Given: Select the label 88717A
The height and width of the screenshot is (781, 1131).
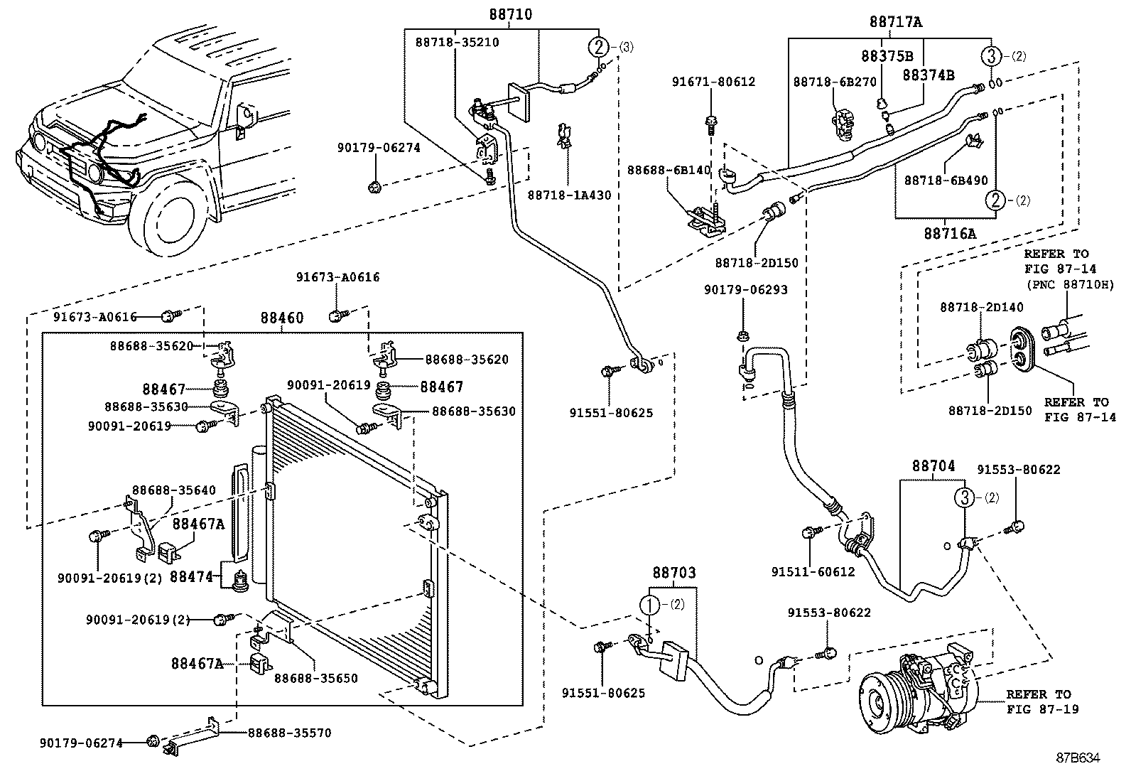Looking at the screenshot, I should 896,22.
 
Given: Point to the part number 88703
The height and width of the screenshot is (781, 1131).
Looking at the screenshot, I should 673,573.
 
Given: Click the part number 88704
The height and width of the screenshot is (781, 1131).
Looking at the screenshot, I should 934,466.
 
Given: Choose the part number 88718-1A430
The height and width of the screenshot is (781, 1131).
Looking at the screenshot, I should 569,195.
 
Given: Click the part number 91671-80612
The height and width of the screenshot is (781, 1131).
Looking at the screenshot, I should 713,82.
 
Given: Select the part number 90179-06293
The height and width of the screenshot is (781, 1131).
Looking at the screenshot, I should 746,290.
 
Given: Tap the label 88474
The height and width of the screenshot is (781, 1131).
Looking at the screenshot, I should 192,576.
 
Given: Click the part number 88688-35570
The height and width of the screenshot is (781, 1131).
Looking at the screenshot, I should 289,733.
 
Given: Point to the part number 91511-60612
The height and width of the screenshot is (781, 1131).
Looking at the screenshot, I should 813,571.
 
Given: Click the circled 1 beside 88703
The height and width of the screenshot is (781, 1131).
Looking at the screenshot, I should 650,605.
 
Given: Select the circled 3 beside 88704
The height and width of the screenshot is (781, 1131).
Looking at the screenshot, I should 965,498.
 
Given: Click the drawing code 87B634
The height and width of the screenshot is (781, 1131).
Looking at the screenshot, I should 1078,758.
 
